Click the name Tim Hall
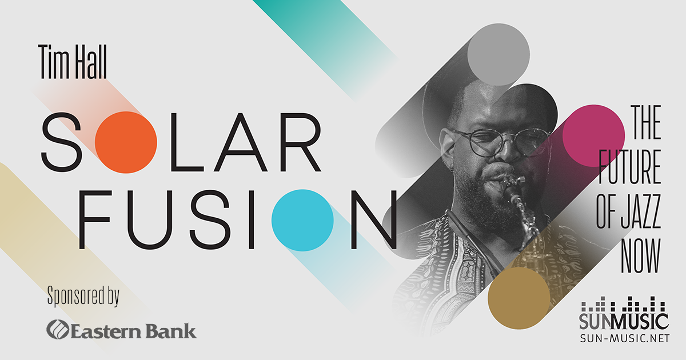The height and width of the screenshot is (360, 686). (73, 62)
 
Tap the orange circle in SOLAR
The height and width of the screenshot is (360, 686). (126, 142)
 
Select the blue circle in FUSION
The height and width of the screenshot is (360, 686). (302, 221)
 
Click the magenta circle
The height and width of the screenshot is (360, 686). (594, 136)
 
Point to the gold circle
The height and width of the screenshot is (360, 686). (519, 298)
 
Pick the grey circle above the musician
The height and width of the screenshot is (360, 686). (498, 54)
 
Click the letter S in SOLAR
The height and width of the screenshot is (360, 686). (62, 142)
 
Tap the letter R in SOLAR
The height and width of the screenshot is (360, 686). (301, 142)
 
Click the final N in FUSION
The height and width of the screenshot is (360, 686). (374, 219)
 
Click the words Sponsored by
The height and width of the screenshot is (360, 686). (83, 296)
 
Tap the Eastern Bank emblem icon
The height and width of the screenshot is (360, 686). (58, 329)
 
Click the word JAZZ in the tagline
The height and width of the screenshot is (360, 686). (640, 211)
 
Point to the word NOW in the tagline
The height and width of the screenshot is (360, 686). (641, 256)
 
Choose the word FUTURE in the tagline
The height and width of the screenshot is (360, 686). (629, 167)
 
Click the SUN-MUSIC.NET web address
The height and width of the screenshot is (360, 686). (625, 338)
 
